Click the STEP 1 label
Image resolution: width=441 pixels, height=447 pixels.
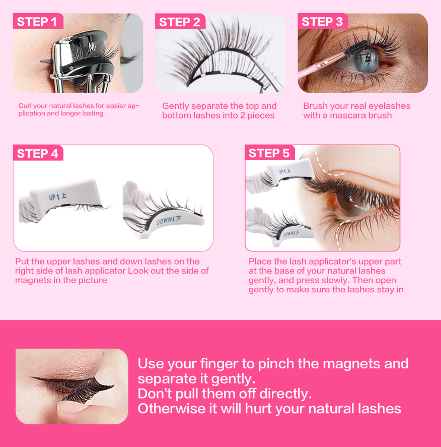(x=37, y=22)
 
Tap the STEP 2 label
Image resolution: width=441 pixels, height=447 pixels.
(x=179, y=22)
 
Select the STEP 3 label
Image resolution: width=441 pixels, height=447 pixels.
(x=322, y=22)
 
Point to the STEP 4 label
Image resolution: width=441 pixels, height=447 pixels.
(x=37, y=153)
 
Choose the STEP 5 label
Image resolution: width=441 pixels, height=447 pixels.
(x=269, y=153)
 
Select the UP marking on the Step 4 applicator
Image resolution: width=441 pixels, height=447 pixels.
(x=58, y=197)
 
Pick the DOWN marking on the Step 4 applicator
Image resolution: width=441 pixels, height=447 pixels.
(x=169, y=220)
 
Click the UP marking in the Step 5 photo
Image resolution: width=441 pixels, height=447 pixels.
(x=285, y=171)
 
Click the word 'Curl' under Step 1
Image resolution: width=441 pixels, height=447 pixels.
(x=25, y=106)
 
